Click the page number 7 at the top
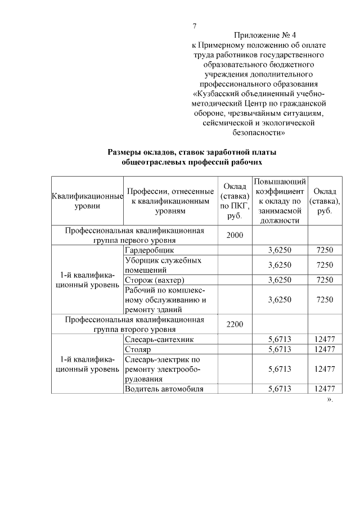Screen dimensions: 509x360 (195, 26)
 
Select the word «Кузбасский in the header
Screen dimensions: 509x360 (218, 93)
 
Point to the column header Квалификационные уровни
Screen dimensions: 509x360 (87, 201)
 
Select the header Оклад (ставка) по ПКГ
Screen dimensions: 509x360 (234, 201)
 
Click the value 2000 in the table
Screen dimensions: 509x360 (234, 235)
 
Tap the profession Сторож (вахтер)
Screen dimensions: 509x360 (154, 280)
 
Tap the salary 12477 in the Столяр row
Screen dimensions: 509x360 (325, 349)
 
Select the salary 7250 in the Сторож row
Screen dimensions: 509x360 (325, 280)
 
